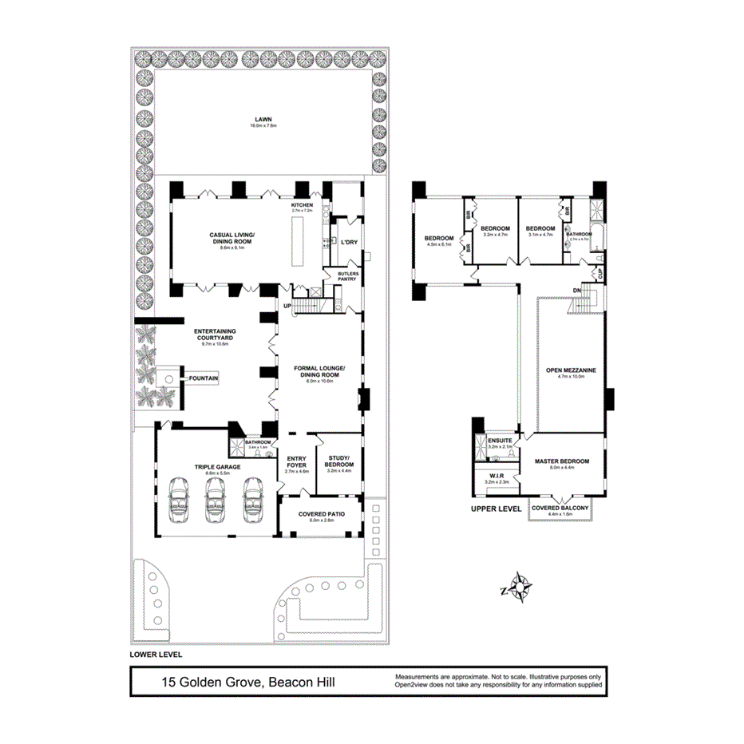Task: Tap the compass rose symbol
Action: pyautogui.click(x=519, y=589)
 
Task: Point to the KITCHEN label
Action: pyautogui.click(x=302, y=206)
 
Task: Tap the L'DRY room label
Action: pyautogui.click(x=347, y=242)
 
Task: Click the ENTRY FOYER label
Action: pyautogui.click(x=296, y=461)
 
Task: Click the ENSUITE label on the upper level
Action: pyautogui.click(x=498, y=441)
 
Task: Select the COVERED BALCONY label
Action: pyautogui.click(x=560, y=508)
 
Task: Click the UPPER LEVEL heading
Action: pyautogui.click(x=496, y=509)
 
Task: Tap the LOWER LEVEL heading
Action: pyautogui.click(x=156, y=654)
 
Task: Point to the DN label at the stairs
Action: pyautogui.click(x=576, y=290)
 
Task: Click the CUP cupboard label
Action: pyautogui.click(x=598, y=274)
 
